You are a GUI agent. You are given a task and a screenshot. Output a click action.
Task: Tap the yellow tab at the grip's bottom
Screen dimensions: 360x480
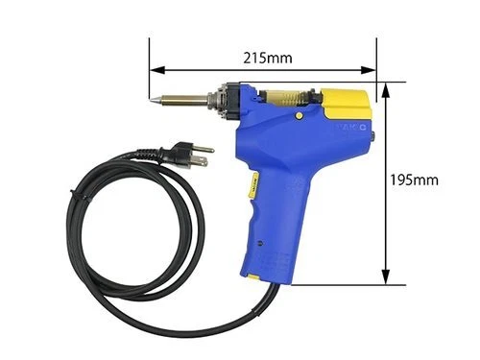[x=254, y=277]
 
